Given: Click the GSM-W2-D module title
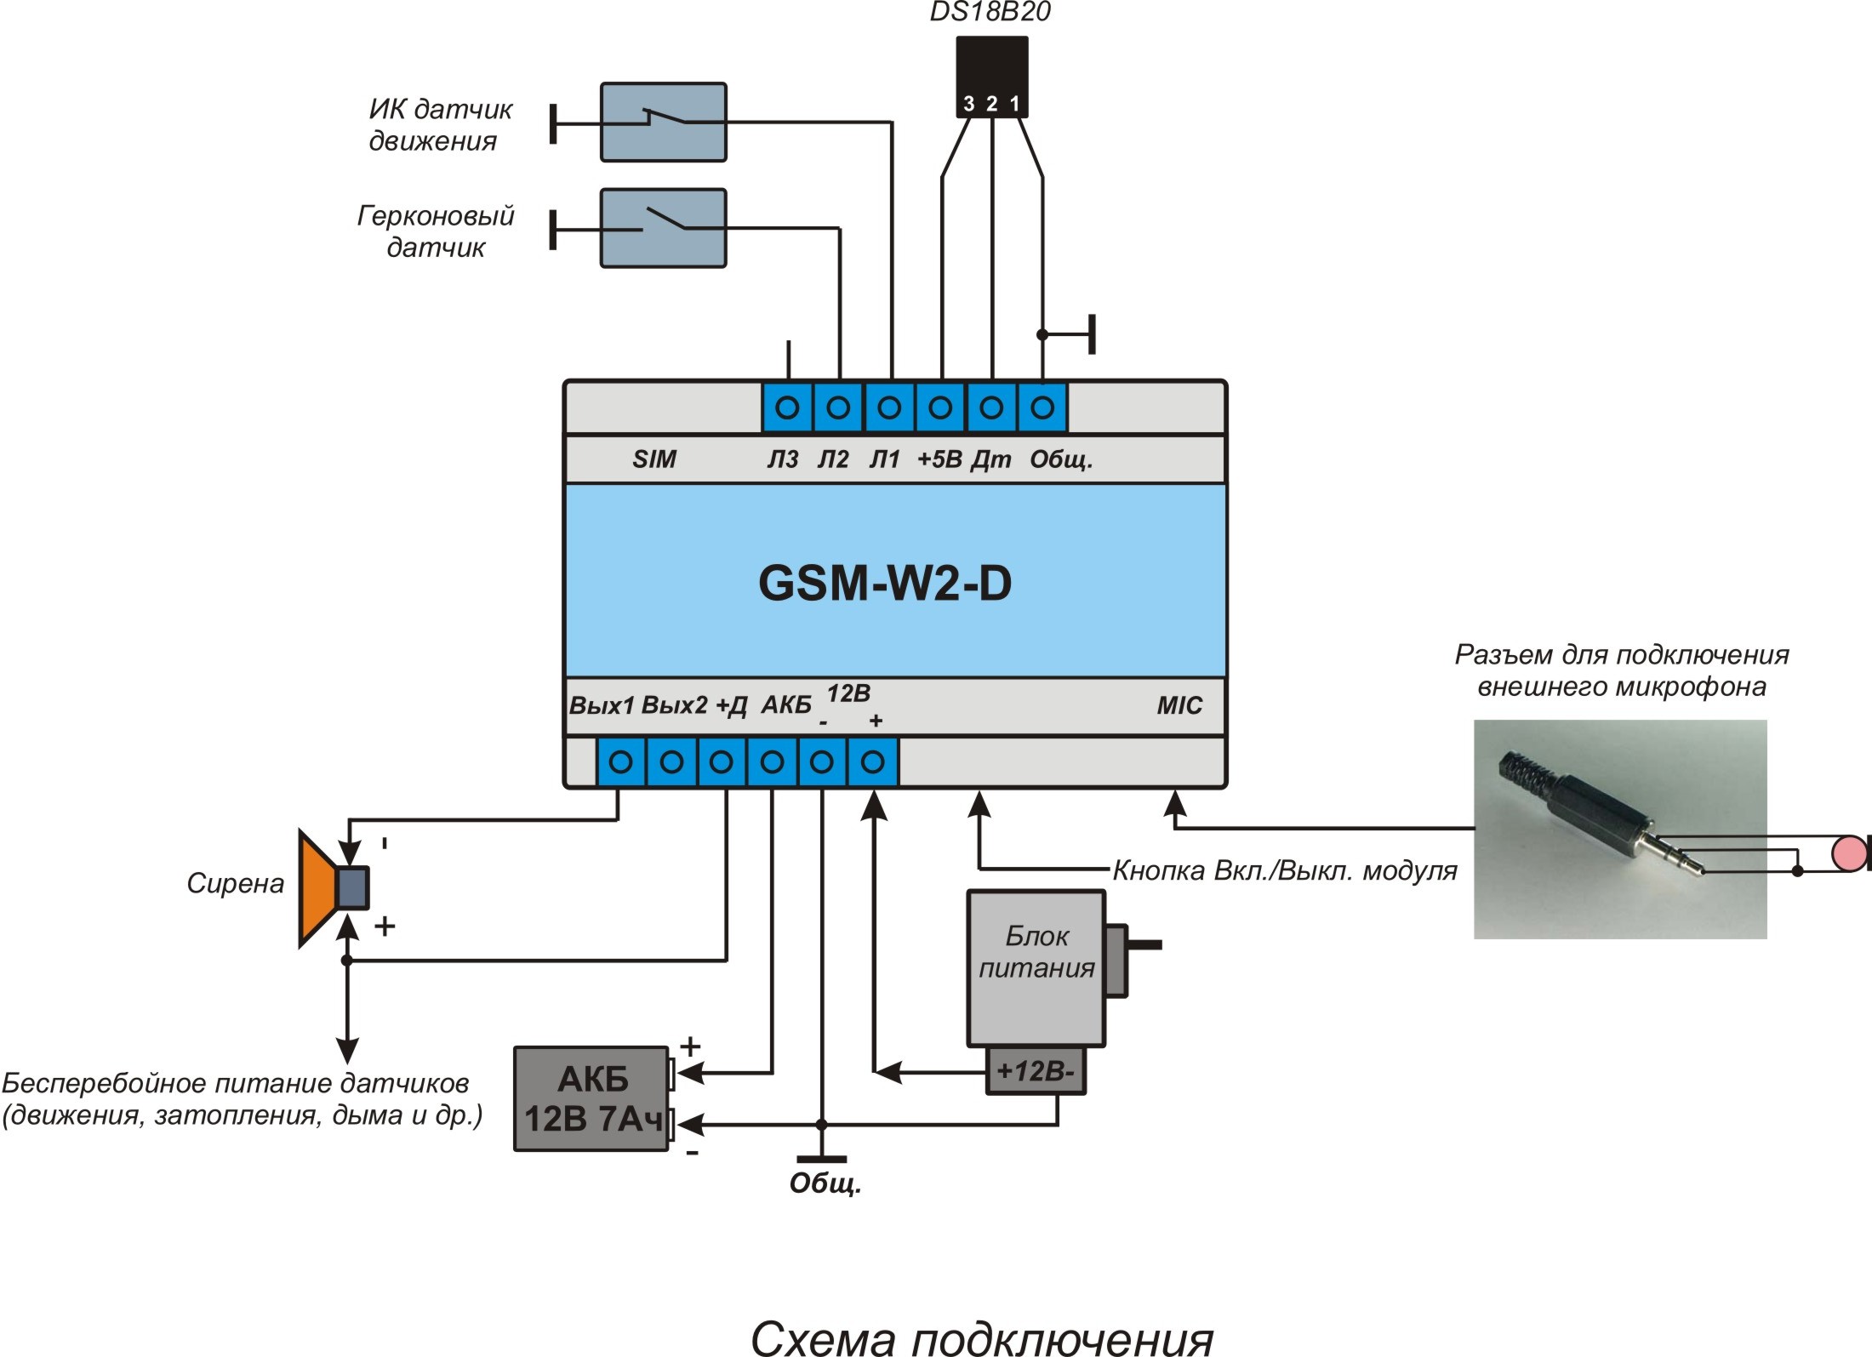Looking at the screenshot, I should coord(885,584).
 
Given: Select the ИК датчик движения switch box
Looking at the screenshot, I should coord(664,122).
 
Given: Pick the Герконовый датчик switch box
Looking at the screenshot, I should coord(664,228).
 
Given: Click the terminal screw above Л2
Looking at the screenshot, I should coord(838,408).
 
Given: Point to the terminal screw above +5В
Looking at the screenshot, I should coord(940,408).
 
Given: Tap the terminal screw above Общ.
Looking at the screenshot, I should coord(1042,408).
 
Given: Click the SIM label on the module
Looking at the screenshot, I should coord(653,459).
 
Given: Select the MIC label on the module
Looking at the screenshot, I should coord(1179,705).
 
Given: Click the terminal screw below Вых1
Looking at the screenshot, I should coord(620,761).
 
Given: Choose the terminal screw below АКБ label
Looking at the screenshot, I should coord(772,761).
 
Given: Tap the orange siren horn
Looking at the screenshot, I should coord(317,888).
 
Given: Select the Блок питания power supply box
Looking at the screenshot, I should coord(1036,968).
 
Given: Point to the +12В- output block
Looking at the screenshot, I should coord(1036,1070).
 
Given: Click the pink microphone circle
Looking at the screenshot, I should coord(1848,853).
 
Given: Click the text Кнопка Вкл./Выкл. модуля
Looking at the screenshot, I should coord(1285,871).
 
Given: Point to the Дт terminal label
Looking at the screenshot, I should coord(990,460).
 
